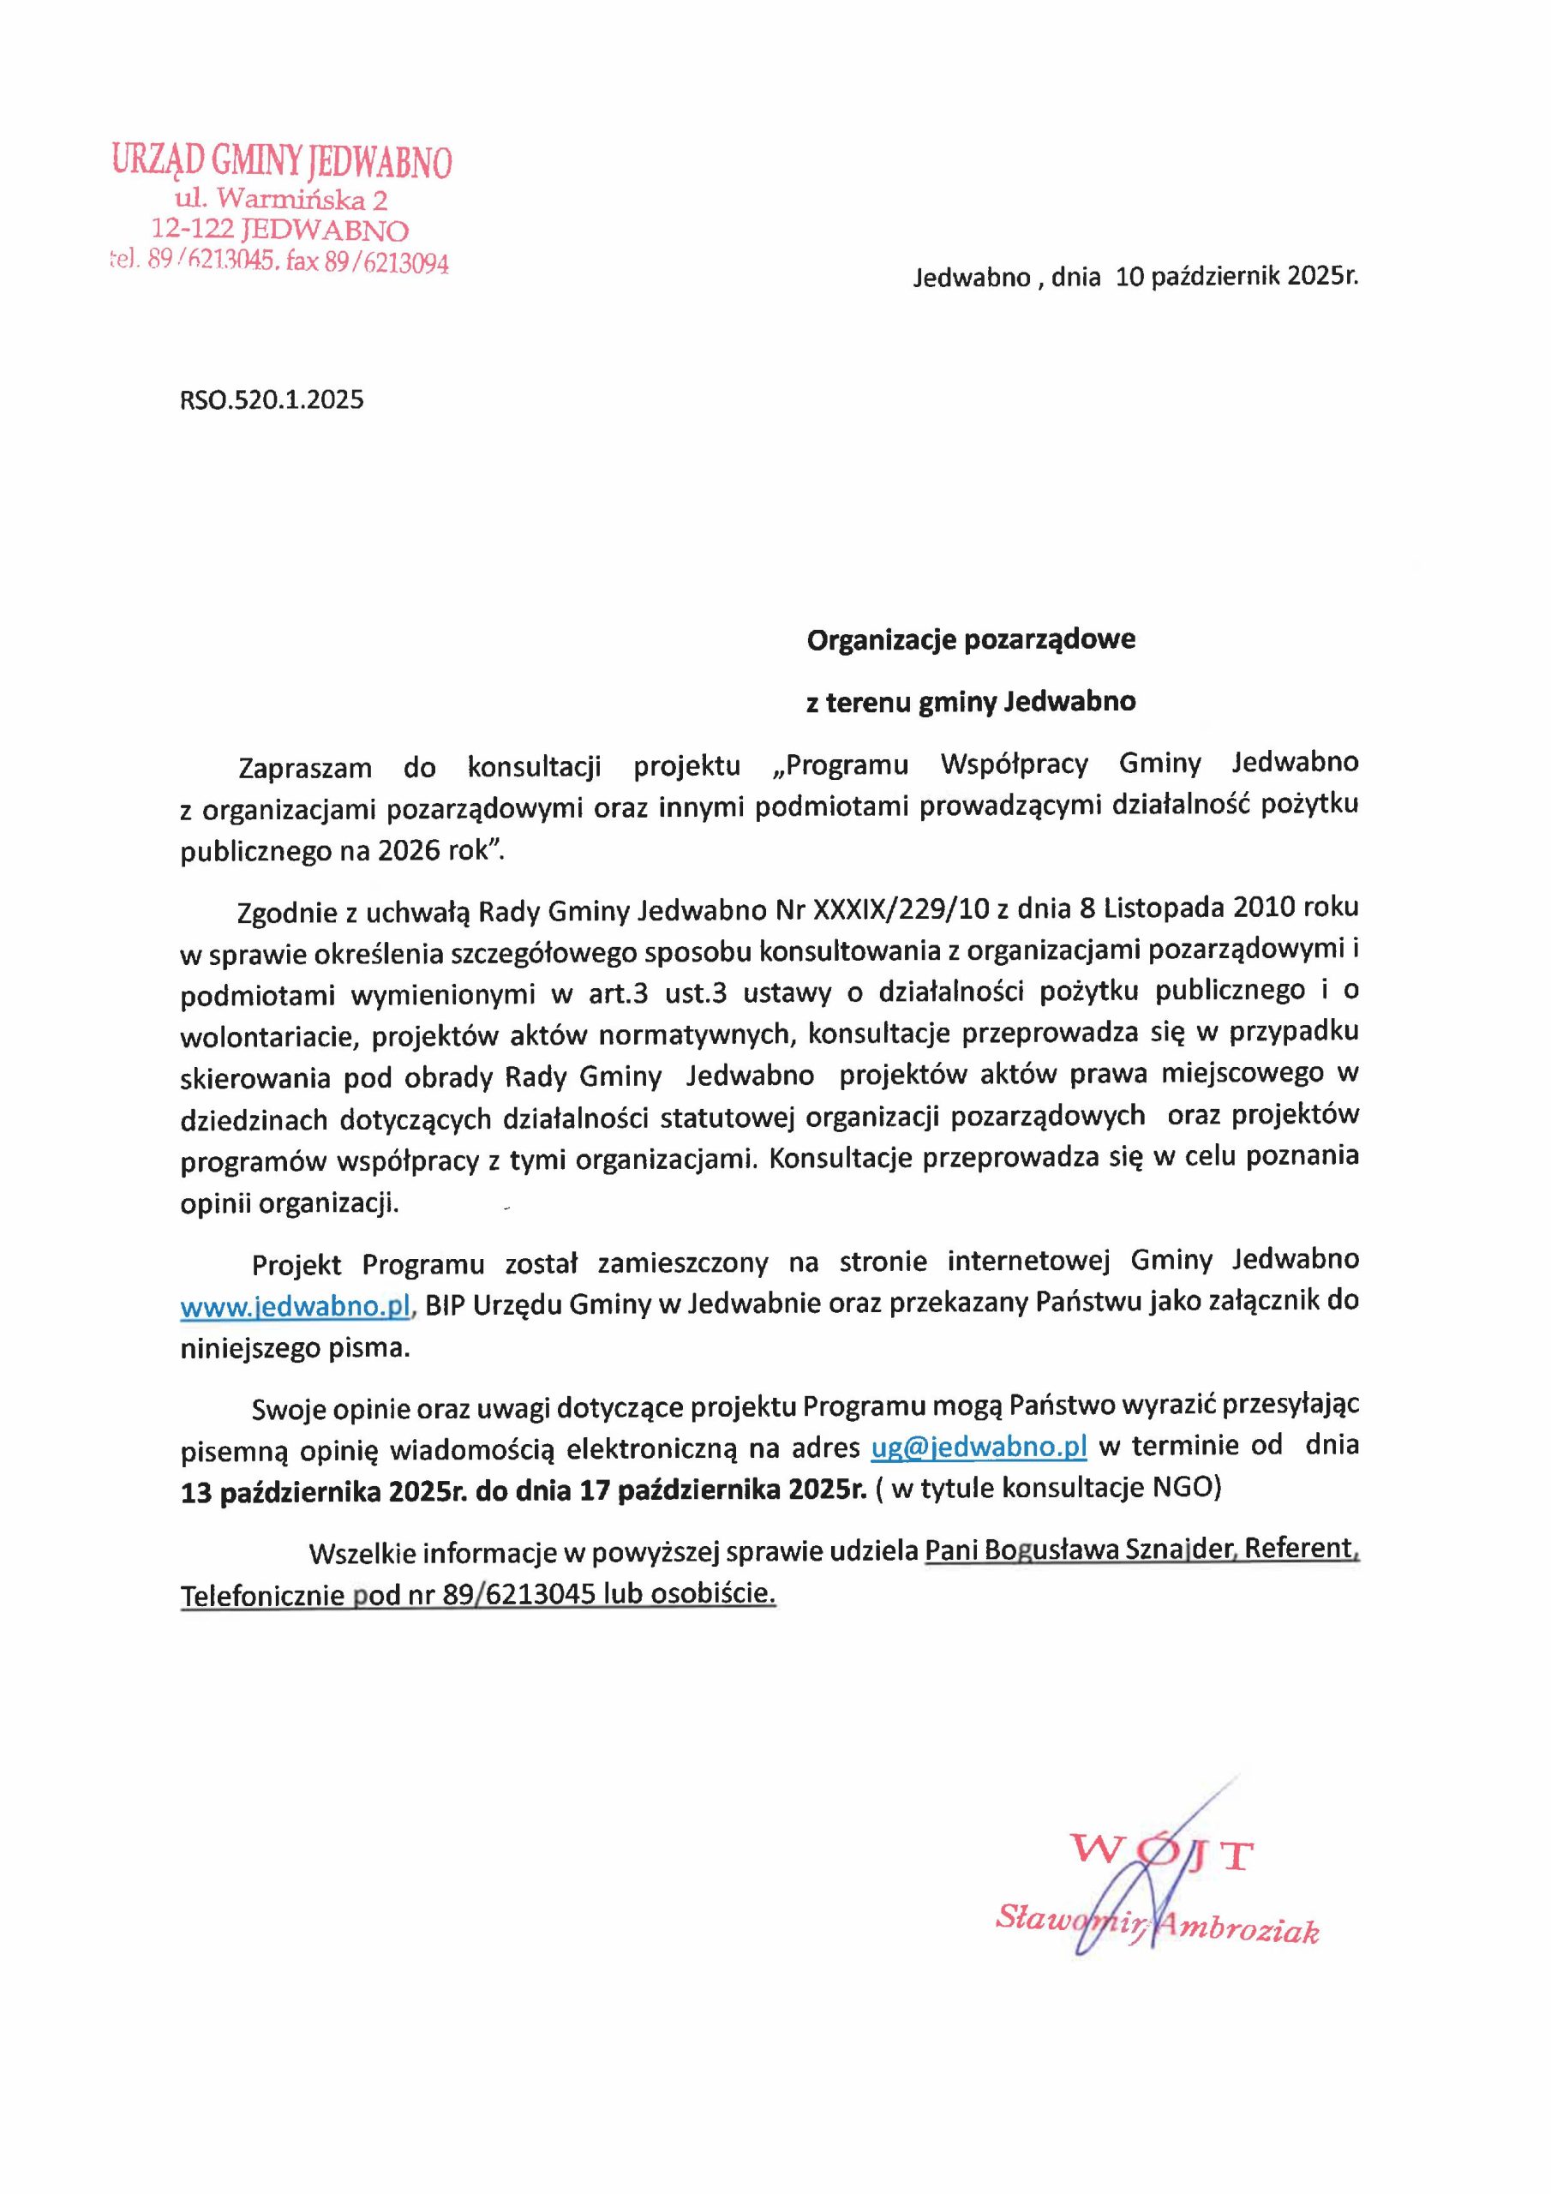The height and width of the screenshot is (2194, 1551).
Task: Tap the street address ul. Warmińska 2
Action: pos(281,200)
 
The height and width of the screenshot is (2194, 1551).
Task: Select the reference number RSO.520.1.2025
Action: pos(272,399)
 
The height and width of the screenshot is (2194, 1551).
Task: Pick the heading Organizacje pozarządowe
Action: pos(971,639)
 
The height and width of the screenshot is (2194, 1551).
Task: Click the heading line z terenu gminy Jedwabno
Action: pos(971,703)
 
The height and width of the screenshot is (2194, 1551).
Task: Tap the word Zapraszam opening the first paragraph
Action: pos(305,766)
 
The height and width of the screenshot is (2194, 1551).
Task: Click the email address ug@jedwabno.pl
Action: pos(979,1447)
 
